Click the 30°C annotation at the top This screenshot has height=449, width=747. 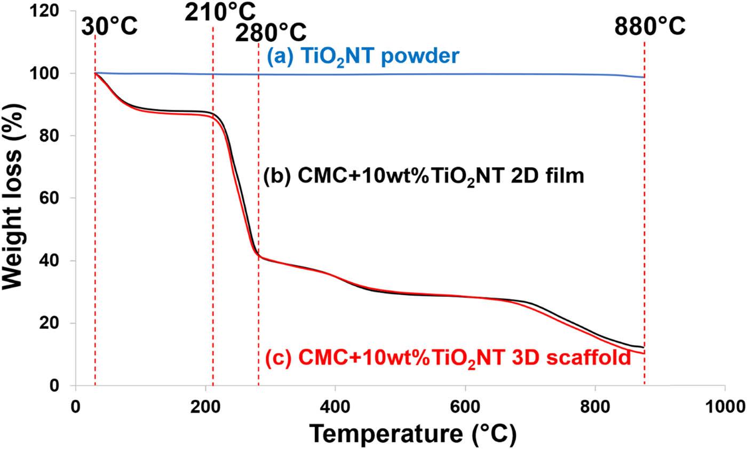(x=109, y=26)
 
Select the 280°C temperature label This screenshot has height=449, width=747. (x=271, y=33)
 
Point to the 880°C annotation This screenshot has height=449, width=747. (x=649, y=26)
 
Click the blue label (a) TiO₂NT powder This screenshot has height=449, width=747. (x=363, y=56)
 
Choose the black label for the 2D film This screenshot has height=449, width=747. (x=424, y=176)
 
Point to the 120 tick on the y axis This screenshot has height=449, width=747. (x=52, y=11)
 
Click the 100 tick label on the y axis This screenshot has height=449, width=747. (x=52, y=74)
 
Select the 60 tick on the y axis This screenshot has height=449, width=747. (x=57, y=199)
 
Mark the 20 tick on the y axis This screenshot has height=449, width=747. (x=57, y=324)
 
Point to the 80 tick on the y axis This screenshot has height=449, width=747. (x=57, y=136)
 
